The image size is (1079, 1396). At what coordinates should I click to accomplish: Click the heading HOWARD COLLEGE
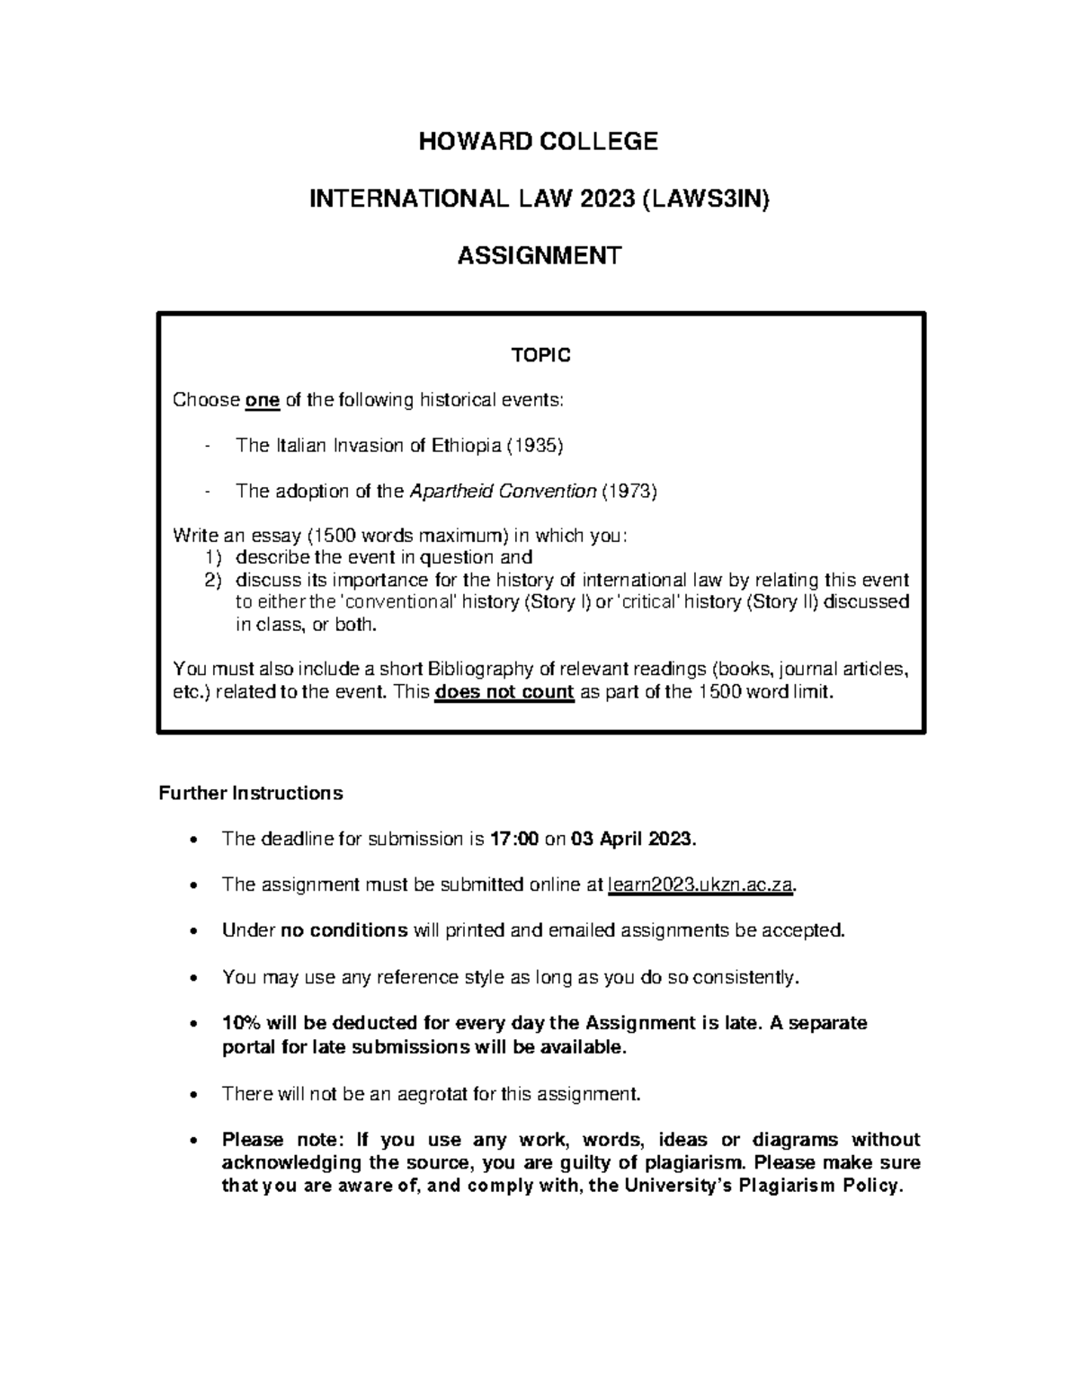tap(539, 141)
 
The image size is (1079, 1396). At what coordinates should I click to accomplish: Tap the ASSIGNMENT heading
tap(539, 256)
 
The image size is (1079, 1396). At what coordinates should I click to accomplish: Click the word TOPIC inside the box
tap(540, 356)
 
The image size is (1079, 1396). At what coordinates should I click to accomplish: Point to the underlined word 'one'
tap(263, 400)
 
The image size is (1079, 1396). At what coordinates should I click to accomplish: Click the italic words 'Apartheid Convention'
tap(503, 491)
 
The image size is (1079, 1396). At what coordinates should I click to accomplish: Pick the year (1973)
tap(629, 491)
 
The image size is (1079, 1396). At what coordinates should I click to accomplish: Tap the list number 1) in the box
tap(214, 557)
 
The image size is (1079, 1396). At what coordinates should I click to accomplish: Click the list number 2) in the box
tap(214, 580)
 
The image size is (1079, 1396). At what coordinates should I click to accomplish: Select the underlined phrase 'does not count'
tap(504, 692)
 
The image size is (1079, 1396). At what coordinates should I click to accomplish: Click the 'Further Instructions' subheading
tap(251, 793)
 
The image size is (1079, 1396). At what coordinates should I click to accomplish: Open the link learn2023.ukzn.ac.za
tap(701, 885)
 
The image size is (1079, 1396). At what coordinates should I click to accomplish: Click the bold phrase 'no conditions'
tap(344, 930)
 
